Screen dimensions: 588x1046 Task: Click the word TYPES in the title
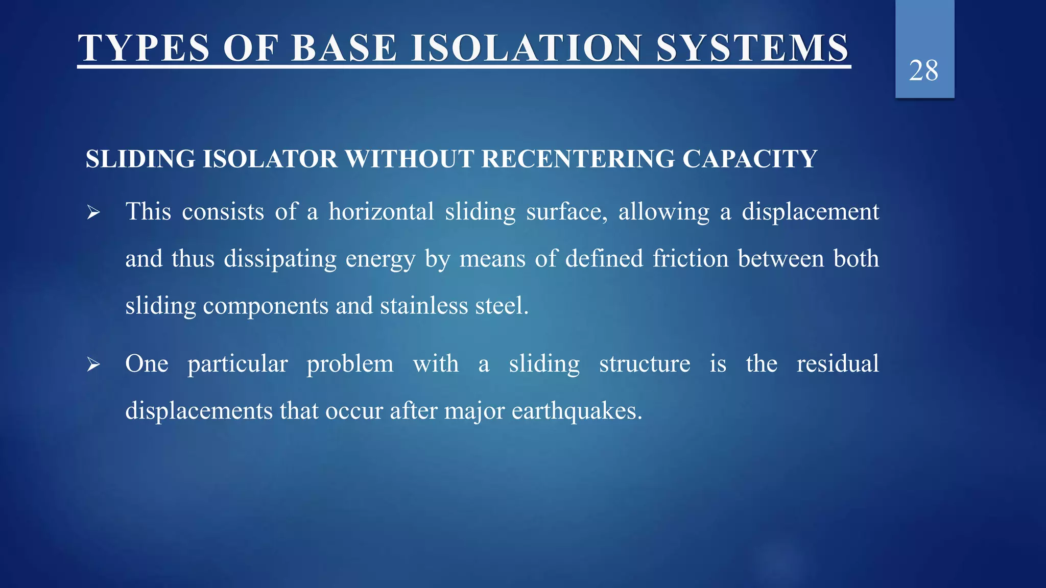[x=144, y=48]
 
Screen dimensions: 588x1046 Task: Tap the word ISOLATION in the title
[x=527, y=48]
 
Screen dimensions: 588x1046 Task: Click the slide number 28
[x=923, y=70]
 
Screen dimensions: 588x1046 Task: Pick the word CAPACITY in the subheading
[x=750, y=159]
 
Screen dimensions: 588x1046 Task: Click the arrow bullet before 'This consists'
[x=93, y=212]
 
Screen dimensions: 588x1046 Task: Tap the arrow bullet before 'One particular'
[x=93, y=364]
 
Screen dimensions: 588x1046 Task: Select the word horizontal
[x=381, y=211]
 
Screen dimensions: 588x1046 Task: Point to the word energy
[x=380, y=259]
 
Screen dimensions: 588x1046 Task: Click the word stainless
[x=424, y=306]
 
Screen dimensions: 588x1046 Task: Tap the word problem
[x=350, y=364]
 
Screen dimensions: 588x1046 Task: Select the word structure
[x=645, y=364]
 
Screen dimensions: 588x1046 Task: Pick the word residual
[x=838, y=363]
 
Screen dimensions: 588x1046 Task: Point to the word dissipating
[x=280, y=259]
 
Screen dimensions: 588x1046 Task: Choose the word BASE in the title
[x=344, y=48]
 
